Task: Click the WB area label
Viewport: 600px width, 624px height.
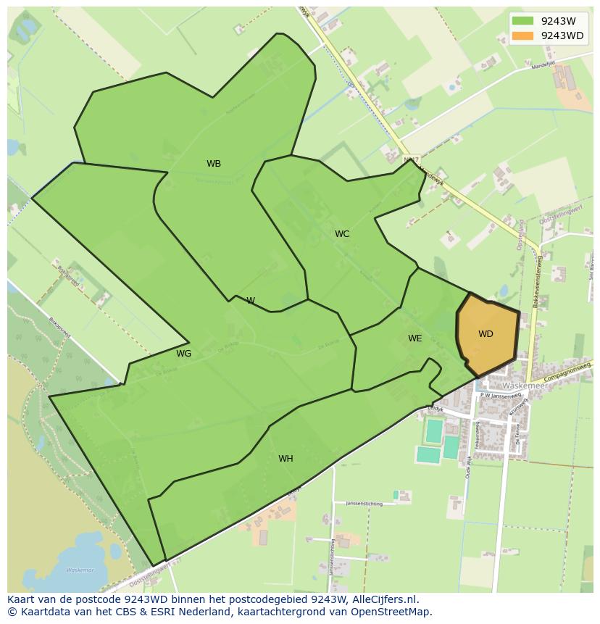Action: [214, 164]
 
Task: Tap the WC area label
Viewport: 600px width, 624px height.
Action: [342, 234]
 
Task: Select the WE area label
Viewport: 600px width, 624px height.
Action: [414, 338]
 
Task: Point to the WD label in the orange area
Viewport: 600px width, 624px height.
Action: [486, 334]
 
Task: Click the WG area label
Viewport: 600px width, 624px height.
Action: [184, 354]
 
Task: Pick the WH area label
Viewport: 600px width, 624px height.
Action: [286, 459]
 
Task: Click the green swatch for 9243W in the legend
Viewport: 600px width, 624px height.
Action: [522, 21]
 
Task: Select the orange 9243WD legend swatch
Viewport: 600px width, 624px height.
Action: [522, 36]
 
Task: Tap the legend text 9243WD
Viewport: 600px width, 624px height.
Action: [562, 36]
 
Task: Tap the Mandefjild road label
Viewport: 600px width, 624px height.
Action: [543, 65]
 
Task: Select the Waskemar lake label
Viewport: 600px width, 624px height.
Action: [80, 570]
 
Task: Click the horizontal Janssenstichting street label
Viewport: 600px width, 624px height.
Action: [363, 503]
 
